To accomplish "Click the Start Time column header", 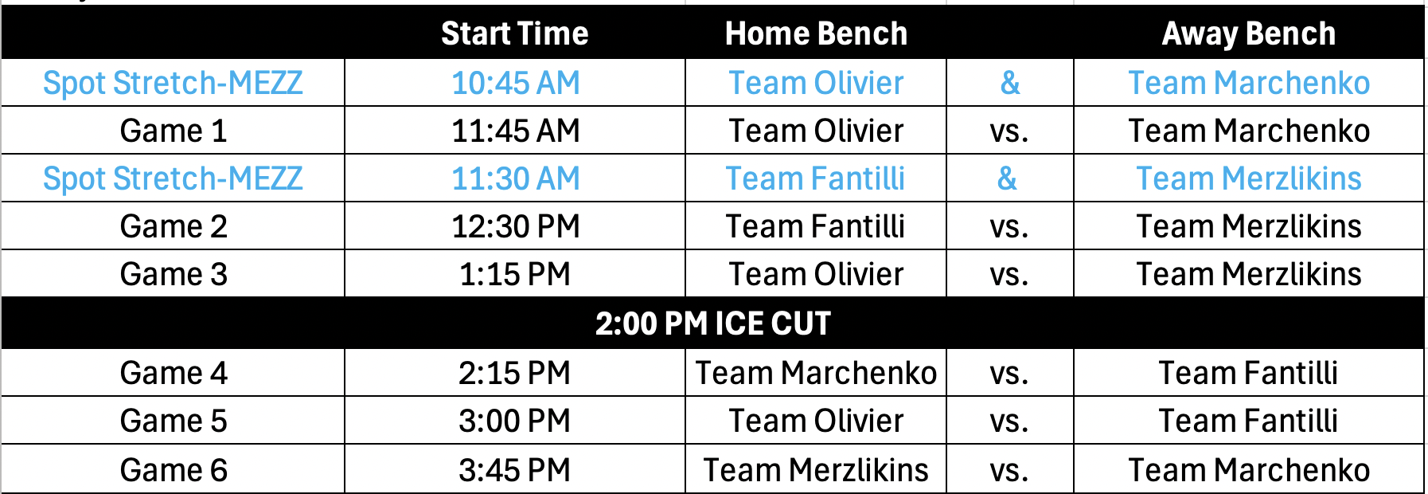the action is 515,33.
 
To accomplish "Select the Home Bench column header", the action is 816,33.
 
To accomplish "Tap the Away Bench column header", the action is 1249,33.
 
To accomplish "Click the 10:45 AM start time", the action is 516,83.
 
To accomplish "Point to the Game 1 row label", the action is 174,131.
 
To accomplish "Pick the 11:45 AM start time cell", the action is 516,131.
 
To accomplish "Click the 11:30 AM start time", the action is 516,178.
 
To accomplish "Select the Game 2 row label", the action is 174,226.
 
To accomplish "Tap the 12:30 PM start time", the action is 516,226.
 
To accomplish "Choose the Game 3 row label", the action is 174,274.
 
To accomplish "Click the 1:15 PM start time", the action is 515,274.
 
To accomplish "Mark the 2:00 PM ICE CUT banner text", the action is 713,323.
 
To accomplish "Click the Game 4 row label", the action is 174,373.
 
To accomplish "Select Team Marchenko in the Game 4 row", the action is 816,373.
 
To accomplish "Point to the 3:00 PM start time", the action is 515,421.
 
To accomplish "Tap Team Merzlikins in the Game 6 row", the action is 816,470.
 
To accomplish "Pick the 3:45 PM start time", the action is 515,470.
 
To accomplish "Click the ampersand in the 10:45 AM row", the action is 1010,83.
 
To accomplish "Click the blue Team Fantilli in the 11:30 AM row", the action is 816,178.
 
